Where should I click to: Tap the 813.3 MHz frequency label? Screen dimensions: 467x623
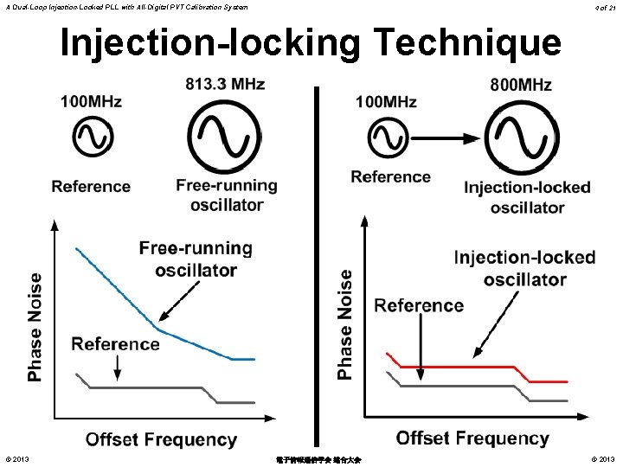click(x=225, y=85)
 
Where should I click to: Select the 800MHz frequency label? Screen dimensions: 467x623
click(x=521, y=85)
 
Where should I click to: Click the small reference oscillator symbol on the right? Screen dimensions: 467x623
click(x=390, y=138)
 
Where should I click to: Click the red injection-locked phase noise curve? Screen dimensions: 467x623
click(x=467, y=367)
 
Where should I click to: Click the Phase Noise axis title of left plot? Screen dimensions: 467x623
click(x=35, y=327)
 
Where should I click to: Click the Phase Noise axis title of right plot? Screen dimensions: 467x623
click(x=345, y=324)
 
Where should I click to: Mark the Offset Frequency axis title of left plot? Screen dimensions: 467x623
click(x=161, y=439)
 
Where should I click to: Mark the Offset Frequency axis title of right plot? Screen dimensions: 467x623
click(x=472, y=438)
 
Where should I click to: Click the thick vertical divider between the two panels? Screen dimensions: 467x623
click(x=317, y=259)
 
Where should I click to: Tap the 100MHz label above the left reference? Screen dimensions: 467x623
click(x=91, y=102)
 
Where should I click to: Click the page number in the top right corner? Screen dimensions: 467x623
click(x=605, y=7)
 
